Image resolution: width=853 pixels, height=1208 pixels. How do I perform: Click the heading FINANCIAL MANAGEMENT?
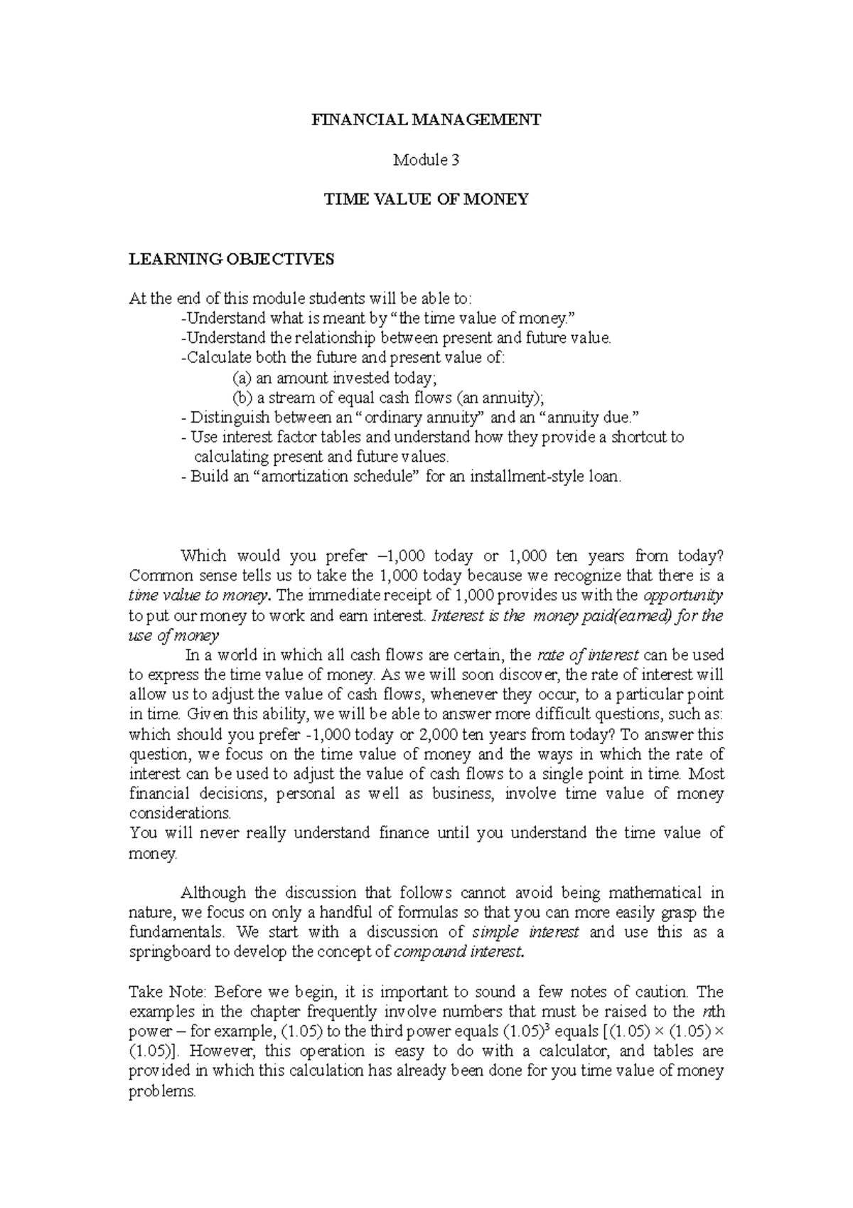pos(426,120)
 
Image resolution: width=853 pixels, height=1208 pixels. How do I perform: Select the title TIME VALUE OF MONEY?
pos(426,199)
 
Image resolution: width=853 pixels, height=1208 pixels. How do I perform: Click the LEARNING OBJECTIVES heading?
pos(231,259)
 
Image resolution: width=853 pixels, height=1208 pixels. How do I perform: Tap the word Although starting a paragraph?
pos(213,892)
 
